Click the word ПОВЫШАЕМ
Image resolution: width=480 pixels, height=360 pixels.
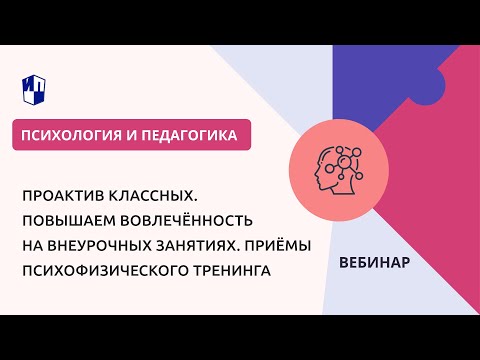(76, 218)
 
